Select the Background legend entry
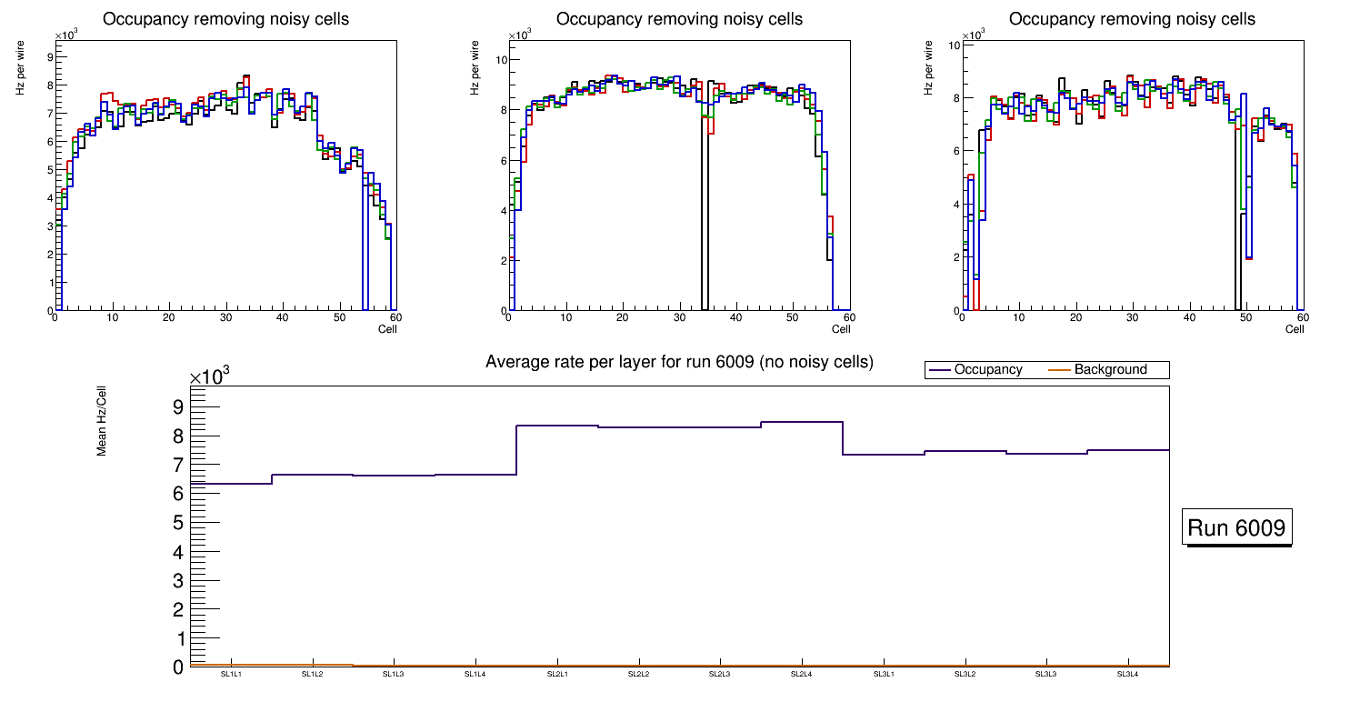[1110, 370]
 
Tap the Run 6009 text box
[1236, 528]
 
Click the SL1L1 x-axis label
[231, 675]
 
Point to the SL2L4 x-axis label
[802, 675]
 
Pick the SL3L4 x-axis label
[1128, 675]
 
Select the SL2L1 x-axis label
[557, 675]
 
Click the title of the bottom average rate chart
[679, 362]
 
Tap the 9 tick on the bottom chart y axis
[178, 406]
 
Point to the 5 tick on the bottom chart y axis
[178, 523]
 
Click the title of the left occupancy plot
[225, 19]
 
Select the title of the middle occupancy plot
[679, 19]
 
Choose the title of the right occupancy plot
[1132, 19]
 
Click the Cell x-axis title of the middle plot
[841, 329]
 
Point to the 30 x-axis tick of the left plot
[225, 317]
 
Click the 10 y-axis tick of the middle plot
[499, 60]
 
